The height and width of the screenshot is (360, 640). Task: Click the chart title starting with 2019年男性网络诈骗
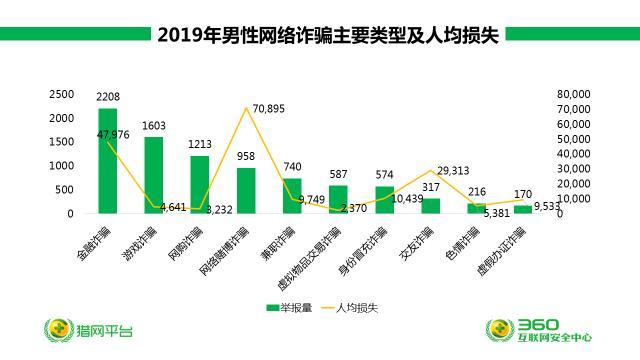326,36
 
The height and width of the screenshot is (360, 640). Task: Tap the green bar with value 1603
154,176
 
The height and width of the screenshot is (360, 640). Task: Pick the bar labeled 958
246,191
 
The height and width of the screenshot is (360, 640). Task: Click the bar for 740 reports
292,196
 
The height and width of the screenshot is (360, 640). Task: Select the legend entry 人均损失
363,307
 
